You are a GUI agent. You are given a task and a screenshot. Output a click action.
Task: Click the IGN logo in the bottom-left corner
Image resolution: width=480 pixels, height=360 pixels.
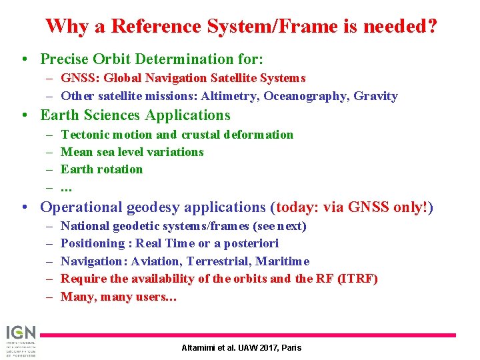(x=21, y=340)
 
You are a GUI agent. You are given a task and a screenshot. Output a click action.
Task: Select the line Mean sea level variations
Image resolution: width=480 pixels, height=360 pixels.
(x=132, y=152)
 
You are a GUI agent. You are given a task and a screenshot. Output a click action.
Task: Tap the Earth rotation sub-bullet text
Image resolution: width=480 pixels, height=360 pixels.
(x=101, y=169)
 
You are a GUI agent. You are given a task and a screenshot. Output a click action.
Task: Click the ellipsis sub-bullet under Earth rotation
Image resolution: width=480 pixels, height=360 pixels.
(x=66, y=187)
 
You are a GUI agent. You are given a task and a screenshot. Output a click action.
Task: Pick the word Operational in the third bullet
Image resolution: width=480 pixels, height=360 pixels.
(x=82, y=207)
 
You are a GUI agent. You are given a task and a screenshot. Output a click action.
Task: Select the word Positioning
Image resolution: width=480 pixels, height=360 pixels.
(x=92, y=243)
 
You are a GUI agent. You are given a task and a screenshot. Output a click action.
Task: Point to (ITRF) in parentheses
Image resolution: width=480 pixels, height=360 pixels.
(x=355, y=278)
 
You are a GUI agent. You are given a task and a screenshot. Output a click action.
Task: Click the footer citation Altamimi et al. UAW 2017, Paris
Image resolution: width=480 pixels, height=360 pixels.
(x=241, y=348)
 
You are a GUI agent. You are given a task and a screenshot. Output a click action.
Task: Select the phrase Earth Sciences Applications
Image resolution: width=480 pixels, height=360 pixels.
(x=135, y=115)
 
